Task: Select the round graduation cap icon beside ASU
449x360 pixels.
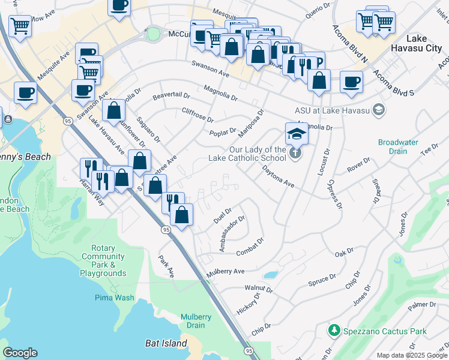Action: click(378, 109)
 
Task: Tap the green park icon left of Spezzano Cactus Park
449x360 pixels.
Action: click(334, 331)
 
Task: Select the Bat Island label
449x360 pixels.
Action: click(166, 343)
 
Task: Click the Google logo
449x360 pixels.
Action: click(20, 352)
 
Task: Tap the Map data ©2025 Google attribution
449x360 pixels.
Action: click(411, 355)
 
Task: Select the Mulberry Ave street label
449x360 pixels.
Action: click(226, 272)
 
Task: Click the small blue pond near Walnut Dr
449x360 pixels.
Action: click(271, 275)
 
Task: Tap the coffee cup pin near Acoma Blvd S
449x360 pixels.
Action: click(351, 82)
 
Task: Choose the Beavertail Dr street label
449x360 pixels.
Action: click(170, 95)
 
